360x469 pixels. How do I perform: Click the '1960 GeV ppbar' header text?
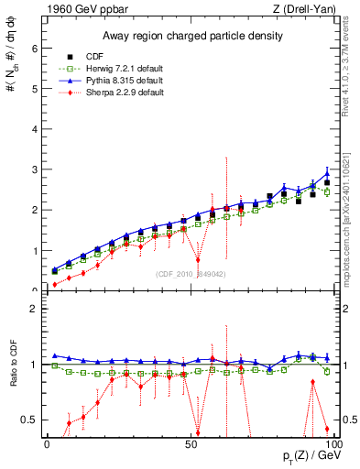click(81, 8)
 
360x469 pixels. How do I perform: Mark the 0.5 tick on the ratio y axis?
click(31, 420)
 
